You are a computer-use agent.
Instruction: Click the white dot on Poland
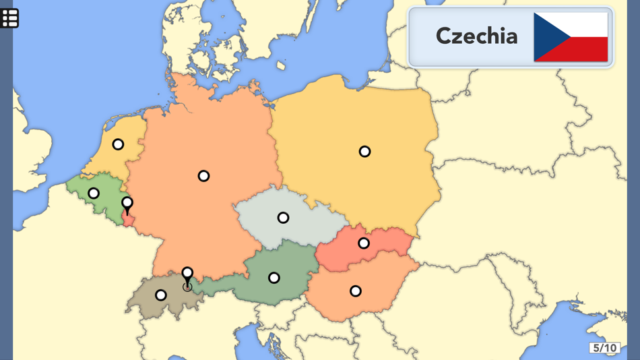coord(364,152)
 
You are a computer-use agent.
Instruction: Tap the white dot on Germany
coord(203,176)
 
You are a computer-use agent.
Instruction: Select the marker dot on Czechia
coord(283,218)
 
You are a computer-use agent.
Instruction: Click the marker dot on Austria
coord(274,278)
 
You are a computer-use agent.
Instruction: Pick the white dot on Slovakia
coord(364,243)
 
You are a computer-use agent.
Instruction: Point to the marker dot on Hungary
coord(356,291)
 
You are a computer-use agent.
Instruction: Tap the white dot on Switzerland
coord(160,295)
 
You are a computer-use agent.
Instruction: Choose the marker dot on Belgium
coord(94,193)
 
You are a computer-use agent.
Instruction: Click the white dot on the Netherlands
coord(118,144)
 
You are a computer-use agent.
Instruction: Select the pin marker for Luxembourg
coord(127,203)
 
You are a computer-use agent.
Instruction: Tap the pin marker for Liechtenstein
coord(187,274)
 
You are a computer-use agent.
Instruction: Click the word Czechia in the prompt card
coord(476,36)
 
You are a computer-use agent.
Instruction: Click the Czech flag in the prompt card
coord(571,36)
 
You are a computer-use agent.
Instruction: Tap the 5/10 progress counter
coord(604,348)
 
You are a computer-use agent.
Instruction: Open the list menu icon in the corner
coord(9,18)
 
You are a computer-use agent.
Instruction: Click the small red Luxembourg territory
coord(128,220)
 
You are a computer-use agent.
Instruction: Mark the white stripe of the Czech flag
coord(586,24)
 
